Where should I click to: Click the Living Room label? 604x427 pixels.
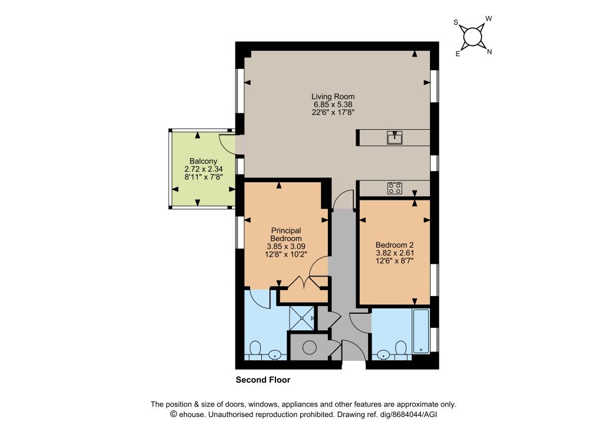[333, 97]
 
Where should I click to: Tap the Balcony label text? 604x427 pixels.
[203, 162]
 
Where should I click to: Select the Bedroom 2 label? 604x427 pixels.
[395, 245]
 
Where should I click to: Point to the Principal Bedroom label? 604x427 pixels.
[286, 235]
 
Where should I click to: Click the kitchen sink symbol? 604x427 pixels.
[395, 137]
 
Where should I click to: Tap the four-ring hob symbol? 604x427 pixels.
[395, 188]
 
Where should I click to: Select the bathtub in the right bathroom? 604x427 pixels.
[421, 331]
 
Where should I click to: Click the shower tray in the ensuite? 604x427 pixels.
[301, 318]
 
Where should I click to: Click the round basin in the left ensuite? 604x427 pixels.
[275, 354]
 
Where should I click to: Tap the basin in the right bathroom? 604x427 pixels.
[383, 354]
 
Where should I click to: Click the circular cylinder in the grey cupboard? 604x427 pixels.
[309, 348]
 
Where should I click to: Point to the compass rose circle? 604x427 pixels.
[472, 37]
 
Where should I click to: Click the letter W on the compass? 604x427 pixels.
[488, 18]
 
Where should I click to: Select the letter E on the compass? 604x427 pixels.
[458, 54]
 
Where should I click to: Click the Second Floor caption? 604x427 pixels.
[263, 380]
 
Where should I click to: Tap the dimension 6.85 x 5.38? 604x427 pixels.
[333, 104]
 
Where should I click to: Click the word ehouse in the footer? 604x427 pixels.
[192, 415]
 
